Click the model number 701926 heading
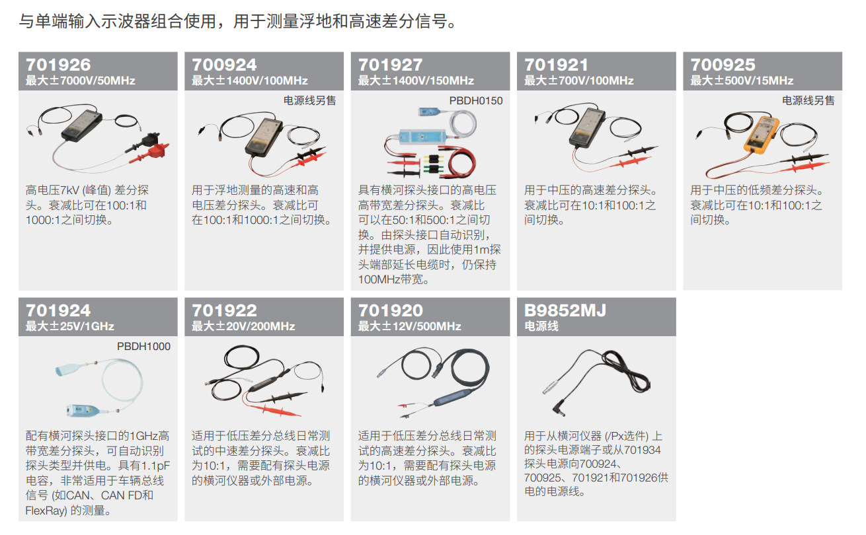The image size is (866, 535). pos(58,65)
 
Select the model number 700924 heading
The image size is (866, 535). pos(224,65)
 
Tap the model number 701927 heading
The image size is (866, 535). pos(391,65)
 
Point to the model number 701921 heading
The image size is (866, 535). pos(557,65)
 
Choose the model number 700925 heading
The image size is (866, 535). pos(723,65)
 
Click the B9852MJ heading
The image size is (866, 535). pos(565,310)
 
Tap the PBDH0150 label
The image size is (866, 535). pos(476,101)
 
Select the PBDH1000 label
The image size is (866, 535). pos(143,347)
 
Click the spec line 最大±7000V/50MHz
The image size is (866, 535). pos(81,81)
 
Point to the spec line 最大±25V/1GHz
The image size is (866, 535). pos(70,326)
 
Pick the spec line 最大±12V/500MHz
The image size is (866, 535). pos(409,326)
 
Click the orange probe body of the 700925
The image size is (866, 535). pos(760,133)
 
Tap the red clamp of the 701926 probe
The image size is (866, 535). pos(152,153)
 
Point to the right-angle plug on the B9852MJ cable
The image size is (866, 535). pos(557,408)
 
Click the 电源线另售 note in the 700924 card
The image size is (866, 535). pos(309,101)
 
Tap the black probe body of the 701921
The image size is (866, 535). pos(586,127)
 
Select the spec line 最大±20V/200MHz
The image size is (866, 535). pos(243,326)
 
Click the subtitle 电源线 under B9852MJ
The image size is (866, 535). pos(541,326)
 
